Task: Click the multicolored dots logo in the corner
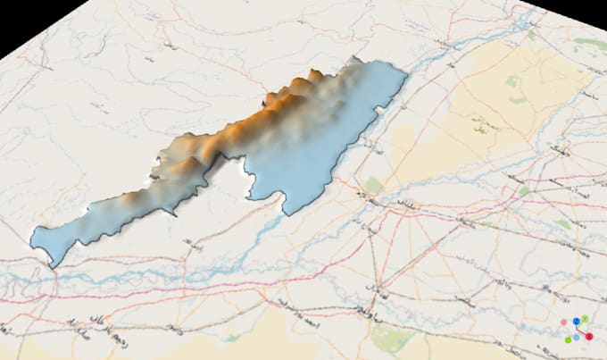(578, 328)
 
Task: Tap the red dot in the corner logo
(589, 336)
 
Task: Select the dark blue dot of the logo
(577, 320)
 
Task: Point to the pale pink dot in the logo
(565, 321)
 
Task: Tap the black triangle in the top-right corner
(580, 11)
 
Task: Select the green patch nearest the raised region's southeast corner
(374, 186)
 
